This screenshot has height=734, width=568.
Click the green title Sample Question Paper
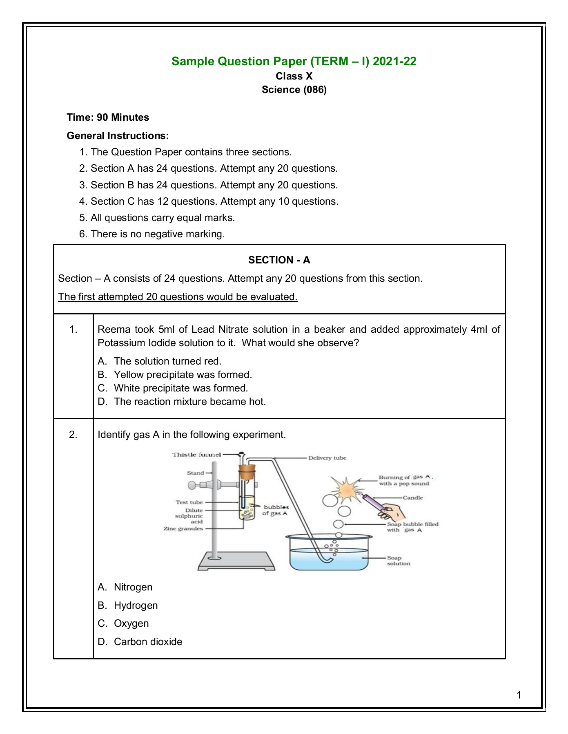(x=294, y=61)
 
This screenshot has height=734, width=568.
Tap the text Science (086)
(x=294, y=90)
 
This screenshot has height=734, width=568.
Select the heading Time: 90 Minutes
(x=108, y=117)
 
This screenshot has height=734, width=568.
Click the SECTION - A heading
(x=279, y=260)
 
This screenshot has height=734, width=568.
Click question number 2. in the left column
(x=73, y=435)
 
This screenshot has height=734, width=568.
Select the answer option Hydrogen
(x=136, y=605)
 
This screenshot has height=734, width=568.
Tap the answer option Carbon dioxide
(x=148, y=641)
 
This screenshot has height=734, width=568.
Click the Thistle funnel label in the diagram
(x=196, y=454)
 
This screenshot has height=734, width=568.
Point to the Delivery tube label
(x=327, y=458)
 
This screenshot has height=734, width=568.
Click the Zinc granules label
(x=183, y=528)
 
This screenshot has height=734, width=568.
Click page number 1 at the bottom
(x=519, y=695)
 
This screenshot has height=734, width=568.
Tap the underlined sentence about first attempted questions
(x=178, y=297)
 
